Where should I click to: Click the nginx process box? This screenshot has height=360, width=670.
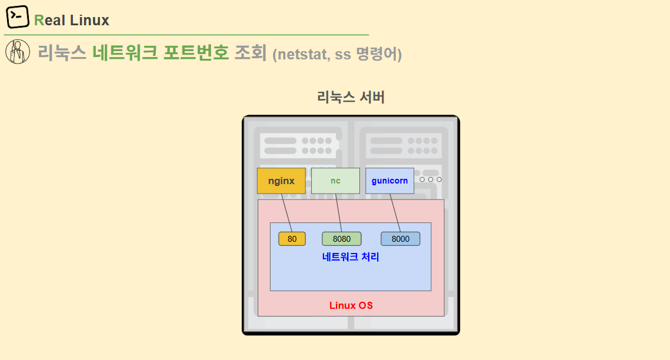tap(281, 181)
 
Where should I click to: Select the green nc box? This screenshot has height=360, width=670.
tap(335, 181)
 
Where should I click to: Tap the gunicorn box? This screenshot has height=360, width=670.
tap(389, 181)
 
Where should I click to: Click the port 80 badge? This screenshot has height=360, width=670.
tap(292, 239)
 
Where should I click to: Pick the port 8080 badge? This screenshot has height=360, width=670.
tap(341, 239)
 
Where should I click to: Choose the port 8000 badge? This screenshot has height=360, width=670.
tap(400, 239)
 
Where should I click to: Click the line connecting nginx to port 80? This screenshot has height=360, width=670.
tap(286, 212)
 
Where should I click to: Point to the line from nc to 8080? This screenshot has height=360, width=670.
tap(338, 212)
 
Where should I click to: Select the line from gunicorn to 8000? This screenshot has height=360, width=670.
tap(395, 212)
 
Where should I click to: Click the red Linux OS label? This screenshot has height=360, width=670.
tap(351, 306)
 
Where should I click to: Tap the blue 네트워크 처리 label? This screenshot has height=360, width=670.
tap(351, 257)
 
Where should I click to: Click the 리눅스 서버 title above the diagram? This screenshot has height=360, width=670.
tap(351, 98)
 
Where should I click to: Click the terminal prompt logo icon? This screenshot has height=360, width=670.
tap(18, 17)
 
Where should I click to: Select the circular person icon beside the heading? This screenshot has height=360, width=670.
tap(18, 52)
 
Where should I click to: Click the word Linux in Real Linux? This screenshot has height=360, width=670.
tap(89, 21)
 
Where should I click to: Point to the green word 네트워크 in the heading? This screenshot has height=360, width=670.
tap(125, 53)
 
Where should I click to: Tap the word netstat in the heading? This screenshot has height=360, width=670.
tap(302, 55)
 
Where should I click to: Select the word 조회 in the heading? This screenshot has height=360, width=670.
tap(251, 53)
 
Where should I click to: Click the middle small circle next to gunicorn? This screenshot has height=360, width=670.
tap(431, 179)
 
